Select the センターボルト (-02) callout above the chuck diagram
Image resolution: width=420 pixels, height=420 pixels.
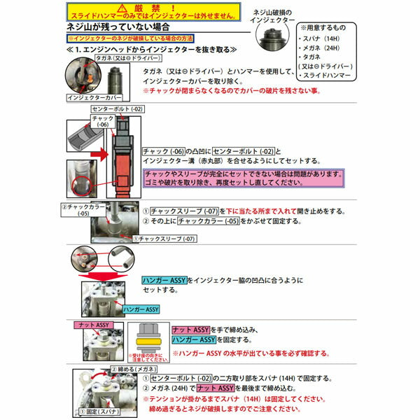pyautogui.click(x=116, y=109)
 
